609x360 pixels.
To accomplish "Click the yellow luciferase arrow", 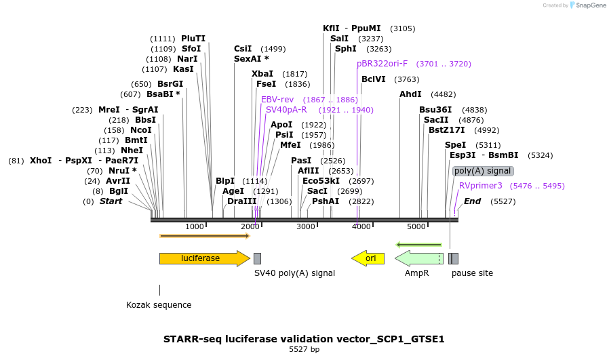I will [x=203, y=258].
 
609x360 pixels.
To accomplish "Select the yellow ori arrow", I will [x=368, y=258].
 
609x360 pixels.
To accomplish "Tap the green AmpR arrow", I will [x=418, y=258].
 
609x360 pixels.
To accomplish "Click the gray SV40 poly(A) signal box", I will [x=257, y=258].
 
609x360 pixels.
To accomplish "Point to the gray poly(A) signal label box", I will [x=483, y=171].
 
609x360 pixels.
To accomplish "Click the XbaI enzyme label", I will [x=262, y=74].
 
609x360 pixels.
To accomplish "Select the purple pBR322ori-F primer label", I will [x=382, y=64].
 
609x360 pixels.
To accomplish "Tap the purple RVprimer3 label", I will [x=481, y=186].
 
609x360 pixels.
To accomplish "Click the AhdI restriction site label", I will [x=410, y=94].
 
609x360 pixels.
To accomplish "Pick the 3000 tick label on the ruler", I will [x=306, y=226].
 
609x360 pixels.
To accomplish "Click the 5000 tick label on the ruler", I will [x=416, y=226].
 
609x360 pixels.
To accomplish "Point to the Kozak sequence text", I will [x=159, y=305].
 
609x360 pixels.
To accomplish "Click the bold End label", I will [x=472, y=201].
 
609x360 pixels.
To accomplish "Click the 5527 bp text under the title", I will [x=304, y=350].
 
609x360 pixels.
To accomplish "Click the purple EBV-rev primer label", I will [x=277, y=100].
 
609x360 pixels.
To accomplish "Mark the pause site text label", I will [x=472, y=273].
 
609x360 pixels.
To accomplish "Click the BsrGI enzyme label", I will [x=170, y=84].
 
